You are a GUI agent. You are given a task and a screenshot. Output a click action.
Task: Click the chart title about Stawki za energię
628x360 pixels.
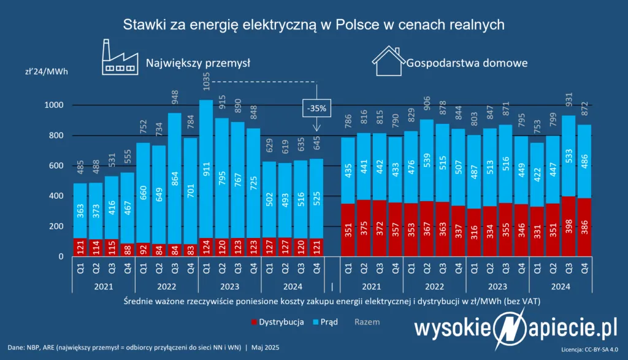(x=313, y=25)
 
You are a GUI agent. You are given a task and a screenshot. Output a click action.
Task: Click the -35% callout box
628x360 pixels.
(x=316, y=109)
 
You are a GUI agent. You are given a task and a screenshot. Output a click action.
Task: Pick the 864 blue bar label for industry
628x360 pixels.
(x=175, y=174)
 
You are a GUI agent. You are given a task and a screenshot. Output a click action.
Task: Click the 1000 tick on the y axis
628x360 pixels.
(x=55, y=105)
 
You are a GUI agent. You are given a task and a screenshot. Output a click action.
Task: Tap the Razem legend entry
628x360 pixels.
(x=367, y=321)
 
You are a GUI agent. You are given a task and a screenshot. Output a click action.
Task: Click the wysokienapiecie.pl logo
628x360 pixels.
(x=515, y=328)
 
